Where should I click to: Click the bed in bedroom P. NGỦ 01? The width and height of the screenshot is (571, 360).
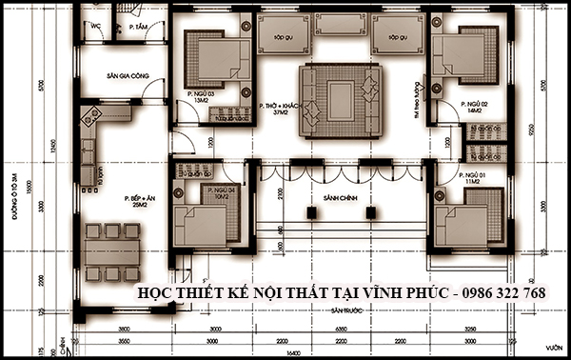pos(466,218)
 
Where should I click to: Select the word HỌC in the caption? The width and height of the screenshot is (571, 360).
pos(159,293)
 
